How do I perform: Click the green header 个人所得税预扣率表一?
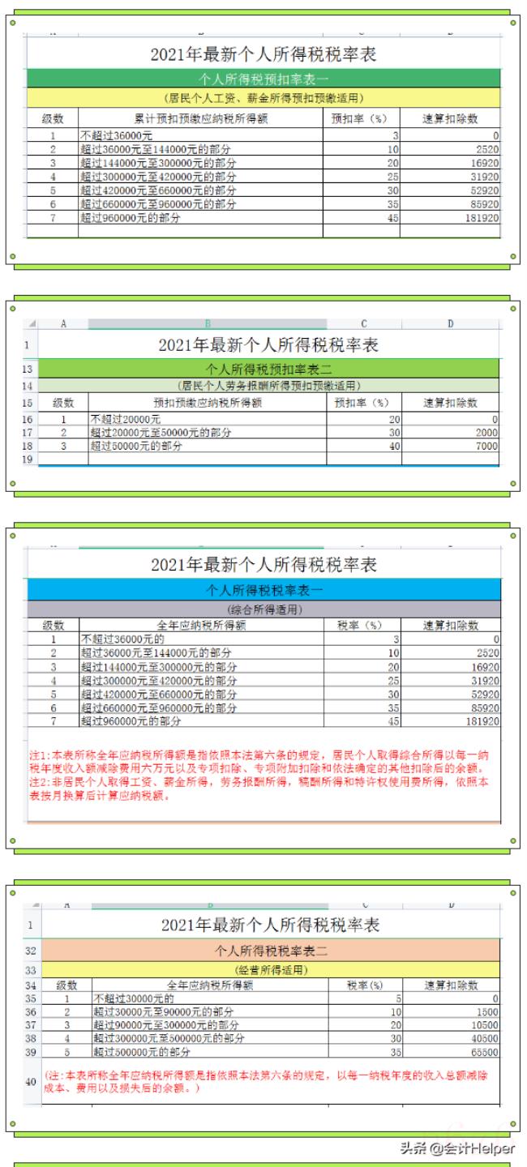[263, 79]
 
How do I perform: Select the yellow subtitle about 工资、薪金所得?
[263, 98]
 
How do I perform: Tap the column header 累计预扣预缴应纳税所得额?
[201, 118]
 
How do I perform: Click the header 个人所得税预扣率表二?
[268, 368]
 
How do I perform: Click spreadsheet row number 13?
[27, 368]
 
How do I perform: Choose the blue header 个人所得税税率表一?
[263, 589]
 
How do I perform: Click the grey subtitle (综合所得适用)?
[263, 609]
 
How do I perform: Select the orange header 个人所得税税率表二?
[270, 949]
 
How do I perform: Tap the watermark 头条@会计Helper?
[454, 1148]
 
